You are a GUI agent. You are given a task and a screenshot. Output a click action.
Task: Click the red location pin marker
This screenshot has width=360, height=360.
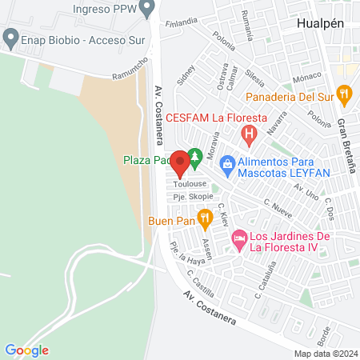pyautogui.click(x=180, y=164)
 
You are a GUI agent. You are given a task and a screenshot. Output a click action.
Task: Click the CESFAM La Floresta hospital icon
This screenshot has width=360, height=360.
pyautogui.click(x=250, y=134)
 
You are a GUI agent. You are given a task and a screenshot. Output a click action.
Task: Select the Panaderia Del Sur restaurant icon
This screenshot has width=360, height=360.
pyautogui.click(x=345, y=95)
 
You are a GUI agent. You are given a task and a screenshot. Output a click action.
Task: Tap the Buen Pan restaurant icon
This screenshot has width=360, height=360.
pyautogui.click(x=205, y=216)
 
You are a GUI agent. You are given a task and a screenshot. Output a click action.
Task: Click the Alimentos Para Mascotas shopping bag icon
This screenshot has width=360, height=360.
pyautogui.click(x=227, y=165)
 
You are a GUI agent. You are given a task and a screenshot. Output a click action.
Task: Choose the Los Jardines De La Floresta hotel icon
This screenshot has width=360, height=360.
pyautogui.click(x=238, y=239)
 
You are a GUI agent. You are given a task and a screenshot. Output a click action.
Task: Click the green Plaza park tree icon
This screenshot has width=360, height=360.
pyautogui.click(x=192, y=156)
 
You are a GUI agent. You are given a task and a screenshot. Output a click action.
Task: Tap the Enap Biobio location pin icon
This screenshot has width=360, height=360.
pyautogui.click(x=10, y=37)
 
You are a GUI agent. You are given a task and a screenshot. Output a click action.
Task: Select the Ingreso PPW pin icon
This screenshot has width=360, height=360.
pyautogui.click(x=146, y=9)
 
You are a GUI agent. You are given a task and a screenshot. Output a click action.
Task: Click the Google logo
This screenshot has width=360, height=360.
pyautogui.click(x=26, y=350)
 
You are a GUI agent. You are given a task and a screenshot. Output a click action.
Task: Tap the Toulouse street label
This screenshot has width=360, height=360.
pyautogui.click(x=180, y=184)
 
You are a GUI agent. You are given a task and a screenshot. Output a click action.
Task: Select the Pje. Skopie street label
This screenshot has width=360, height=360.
pyautogui.click(x=190, y=197)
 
